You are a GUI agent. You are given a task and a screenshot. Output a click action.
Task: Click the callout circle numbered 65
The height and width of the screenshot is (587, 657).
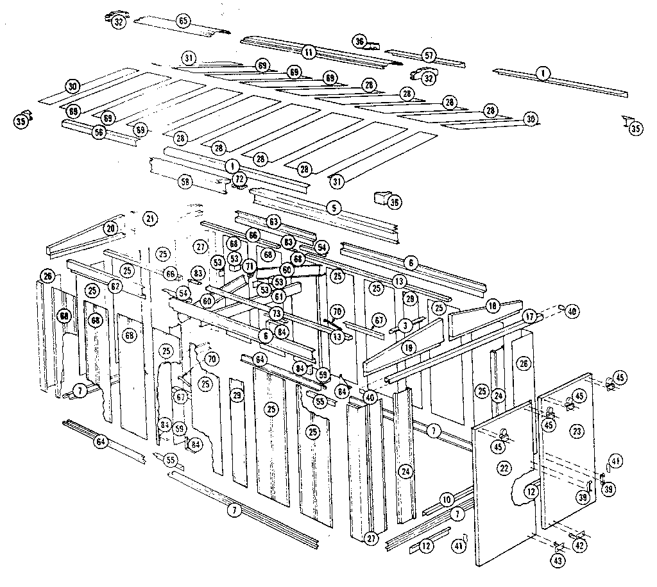pos(183,21)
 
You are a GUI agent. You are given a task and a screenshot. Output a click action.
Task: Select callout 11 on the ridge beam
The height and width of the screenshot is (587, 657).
pos(309,51)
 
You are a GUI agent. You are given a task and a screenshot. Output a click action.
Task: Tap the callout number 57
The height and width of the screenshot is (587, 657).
pos(429,55)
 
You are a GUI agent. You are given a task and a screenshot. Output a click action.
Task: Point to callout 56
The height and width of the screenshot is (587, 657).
pos(98,132)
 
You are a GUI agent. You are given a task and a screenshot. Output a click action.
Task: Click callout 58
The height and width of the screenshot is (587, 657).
pos(185,182)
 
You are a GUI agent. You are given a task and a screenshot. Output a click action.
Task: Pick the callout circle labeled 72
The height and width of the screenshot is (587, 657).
pos(239,177)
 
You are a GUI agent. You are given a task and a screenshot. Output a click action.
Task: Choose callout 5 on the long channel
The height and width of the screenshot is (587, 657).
pos(333,207)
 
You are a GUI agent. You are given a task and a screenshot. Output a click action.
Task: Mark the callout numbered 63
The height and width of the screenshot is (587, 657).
pos(274,223)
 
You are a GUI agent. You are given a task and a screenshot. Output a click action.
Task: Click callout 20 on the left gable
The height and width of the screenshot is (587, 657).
pos(110,228)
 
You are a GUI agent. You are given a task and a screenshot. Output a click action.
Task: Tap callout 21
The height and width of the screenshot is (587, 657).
pos(150,219)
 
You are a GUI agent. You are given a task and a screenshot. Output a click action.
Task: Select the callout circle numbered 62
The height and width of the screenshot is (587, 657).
pos(115,286)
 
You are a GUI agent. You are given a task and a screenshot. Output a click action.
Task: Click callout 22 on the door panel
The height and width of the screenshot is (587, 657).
pos(505,469)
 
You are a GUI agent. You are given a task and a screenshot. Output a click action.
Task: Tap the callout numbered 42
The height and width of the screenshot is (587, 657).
pos(579,545)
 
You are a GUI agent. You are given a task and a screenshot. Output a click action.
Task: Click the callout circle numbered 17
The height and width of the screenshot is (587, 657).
pos(530,316)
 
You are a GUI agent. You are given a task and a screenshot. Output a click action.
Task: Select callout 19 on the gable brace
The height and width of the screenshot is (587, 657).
pos(408,347)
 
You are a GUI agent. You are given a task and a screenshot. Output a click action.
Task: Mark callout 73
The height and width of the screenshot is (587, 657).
pos(276,313)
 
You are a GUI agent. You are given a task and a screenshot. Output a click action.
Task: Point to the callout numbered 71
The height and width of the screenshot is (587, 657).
pos(250,266)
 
